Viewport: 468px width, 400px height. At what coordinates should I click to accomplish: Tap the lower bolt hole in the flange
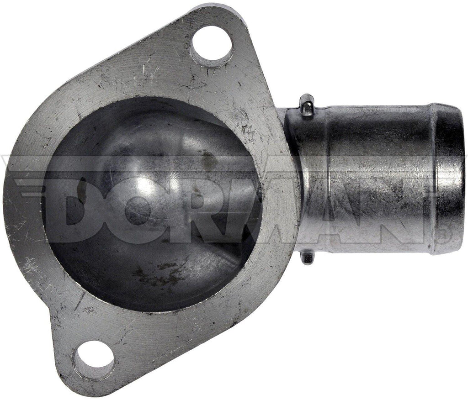click(93, 359)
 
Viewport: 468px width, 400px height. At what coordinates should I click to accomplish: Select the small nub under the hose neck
click(308, 257)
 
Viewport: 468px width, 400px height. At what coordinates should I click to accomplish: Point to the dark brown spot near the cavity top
click(208, 158)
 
